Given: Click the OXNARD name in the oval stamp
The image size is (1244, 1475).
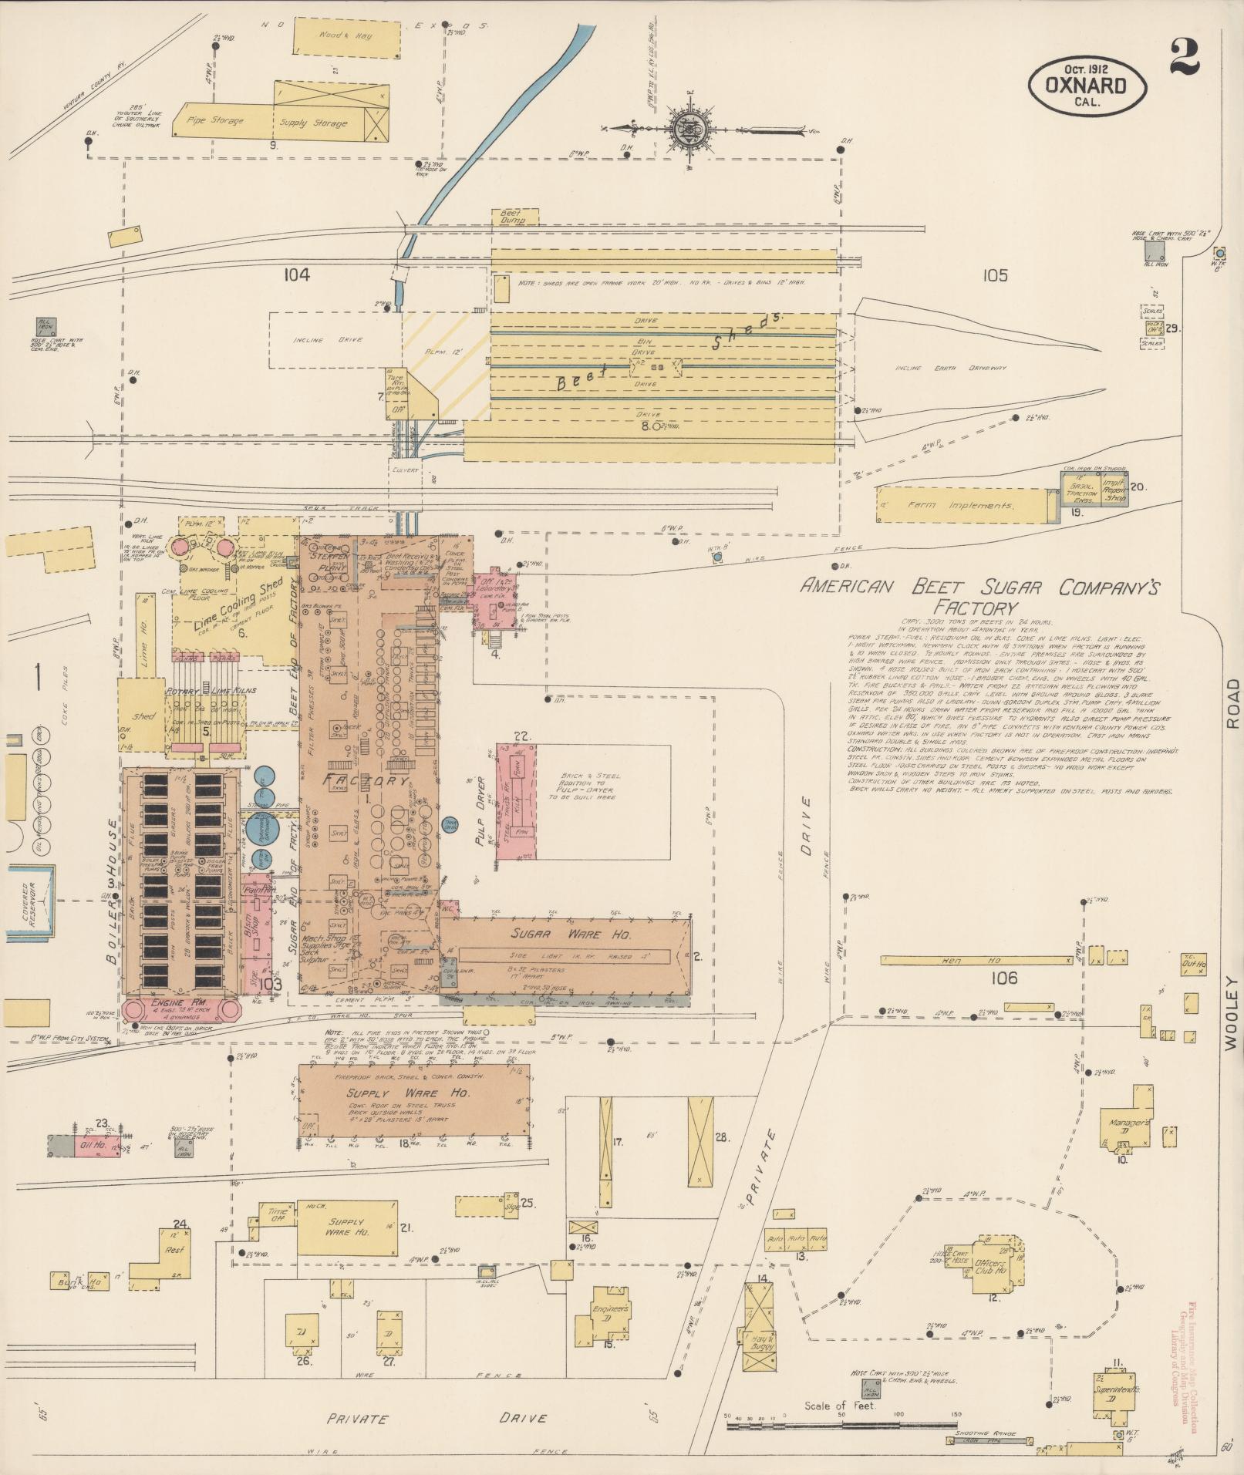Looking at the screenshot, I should [1087, 84].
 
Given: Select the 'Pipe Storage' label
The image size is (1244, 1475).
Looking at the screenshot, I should [218, 121].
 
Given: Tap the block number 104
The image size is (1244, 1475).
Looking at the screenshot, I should [295, 275].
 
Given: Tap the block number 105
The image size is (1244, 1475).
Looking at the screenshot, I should [995, 275].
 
